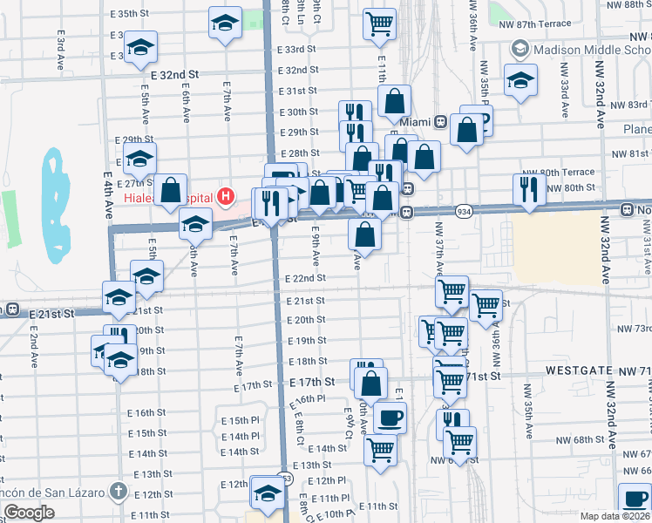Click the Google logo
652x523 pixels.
28,513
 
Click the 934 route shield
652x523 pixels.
464,211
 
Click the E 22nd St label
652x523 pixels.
305,278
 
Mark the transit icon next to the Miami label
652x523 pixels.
441,121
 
